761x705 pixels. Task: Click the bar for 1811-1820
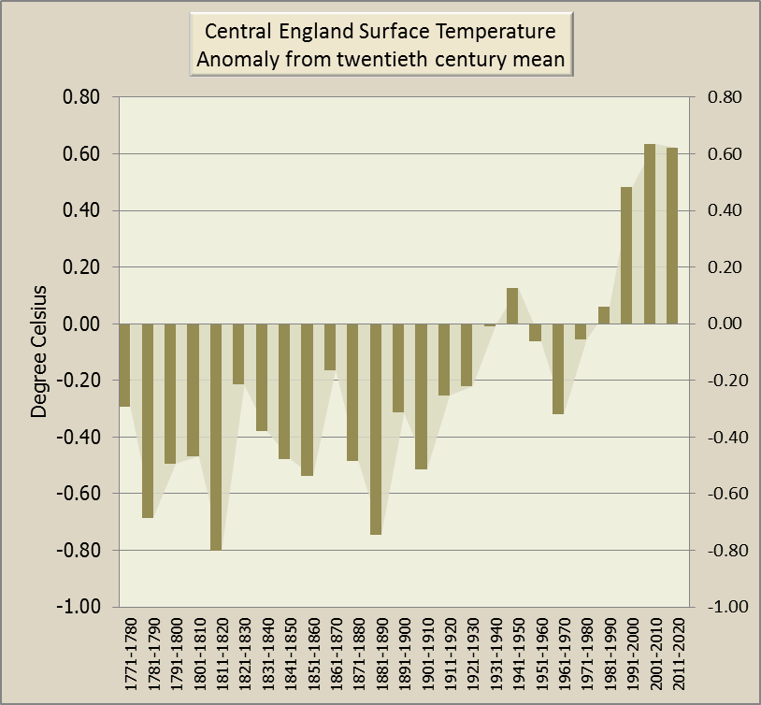pos(216,437)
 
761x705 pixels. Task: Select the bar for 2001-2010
pos(650,234)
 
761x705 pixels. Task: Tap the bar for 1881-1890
pos(376,428)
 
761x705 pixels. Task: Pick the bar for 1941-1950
pos(512,306)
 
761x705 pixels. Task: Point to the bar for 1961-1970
pos(558,368)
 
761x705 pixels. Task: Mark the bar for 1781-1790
pos(148,420)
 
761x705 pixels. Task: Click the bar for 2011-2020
pos(672,236)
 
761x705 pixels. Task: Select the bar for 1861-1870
pos(330,346)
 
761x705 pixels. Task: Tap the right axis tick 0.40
pos(725,210)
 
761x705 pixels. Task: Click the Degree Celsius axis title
pos(39,352)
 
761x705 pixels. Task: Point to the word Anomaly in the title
pos(233,61)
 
